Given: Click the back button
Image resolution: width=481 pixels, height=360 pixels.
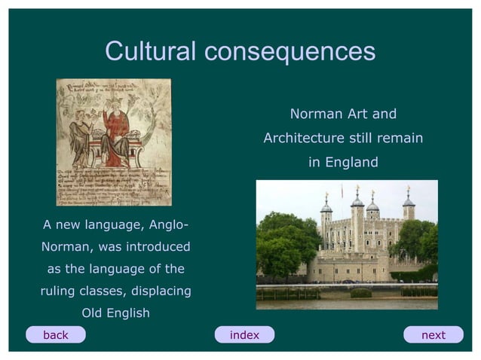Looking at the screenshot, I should tap(55, 335).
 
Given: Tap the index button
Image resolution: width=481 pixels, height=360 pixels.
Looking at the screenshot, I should tap(244, 335).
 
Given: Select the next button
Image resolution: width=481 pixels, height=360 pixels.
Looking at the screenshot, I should tap(433, 335).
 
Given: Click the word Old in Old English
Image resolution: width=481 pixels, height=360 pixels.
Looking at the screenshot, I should tap(93, 313).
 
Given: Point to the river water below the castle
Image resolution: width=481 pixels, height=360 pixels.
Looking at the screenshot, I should tap(347, 304).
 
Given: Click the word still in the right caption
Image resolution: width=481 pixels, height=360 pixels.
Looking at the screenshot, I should tap(361, 139).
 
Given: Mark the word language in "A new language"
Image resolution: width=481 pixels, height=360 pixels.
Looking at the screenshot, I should tap(113, 224).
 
